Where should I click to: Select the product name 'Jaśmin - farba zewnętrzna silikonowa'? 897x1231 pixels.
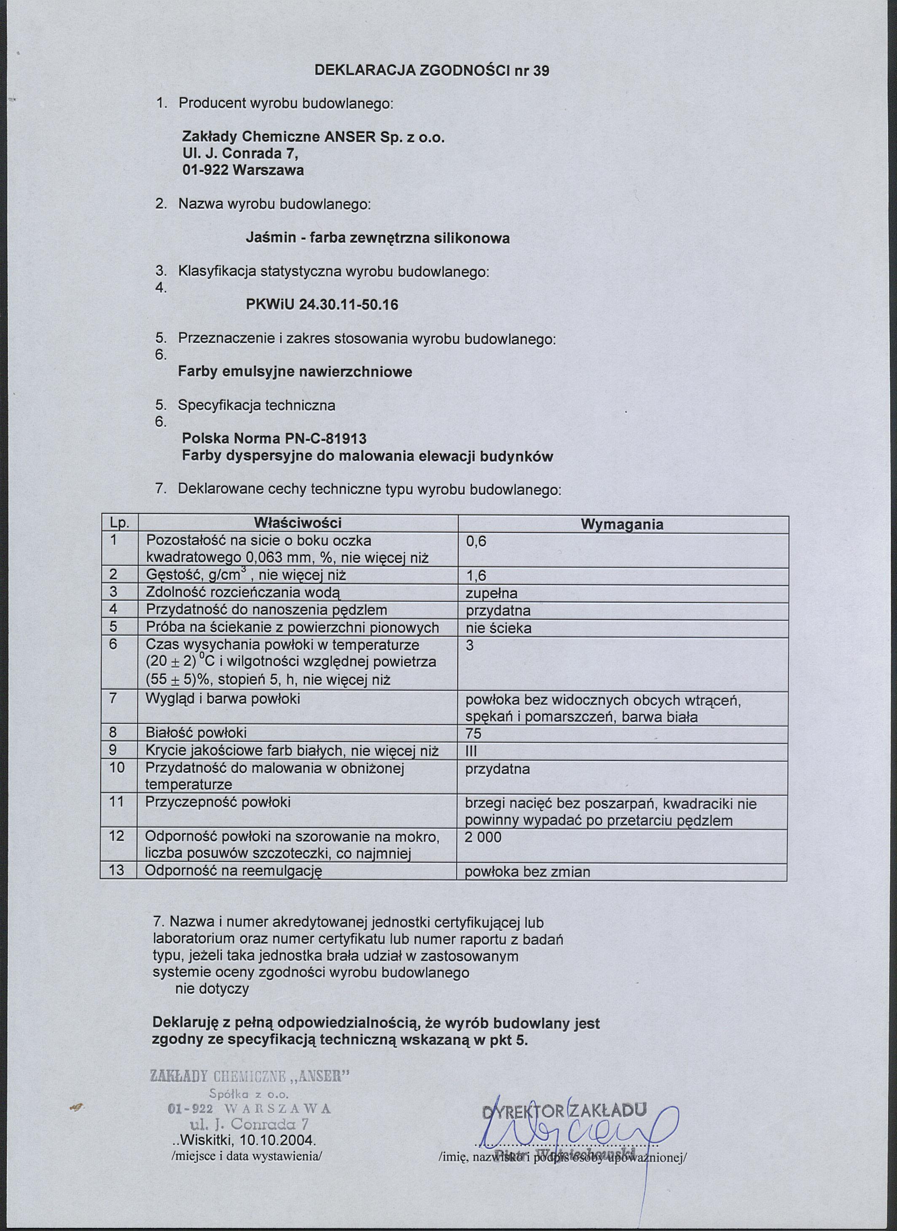(x=378, y=238)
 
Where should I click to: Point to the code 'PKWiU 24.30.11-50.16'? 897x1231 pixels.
(x=322, y=305)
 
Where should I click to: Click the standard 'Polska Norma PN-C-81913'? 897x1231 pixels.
(x=274, y=437)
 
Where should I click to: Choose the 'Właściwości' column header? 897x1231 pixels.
(x=298, y=523)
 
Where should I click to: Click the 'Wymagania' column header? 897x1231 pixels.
(x=622, y=525)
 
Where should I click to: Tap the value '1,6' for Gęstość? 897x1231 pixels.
(x=476, y=576)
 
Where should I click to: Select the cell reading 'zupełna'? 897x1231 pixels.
(x=491, y=593)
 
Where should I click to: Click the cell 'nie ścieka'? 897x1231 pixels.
(x=499, y=629)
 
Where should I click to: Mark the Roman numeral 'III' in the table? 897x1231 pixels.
(x=471, y=752)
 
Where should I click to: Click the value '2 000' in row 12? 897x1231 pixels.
(x=483, y=838)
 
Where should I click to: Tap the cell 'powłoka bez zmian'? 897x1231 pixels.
(x=528, y=872)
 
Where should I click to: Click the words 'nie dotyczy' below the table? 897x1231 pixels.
(x=212, y=989)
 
